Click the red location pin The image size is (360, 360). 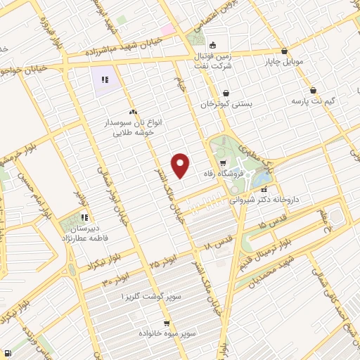(181, 165)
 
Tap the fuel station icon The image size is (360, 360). (7, 354)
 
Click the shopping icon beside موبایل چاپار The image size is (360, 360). (283, 51)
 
